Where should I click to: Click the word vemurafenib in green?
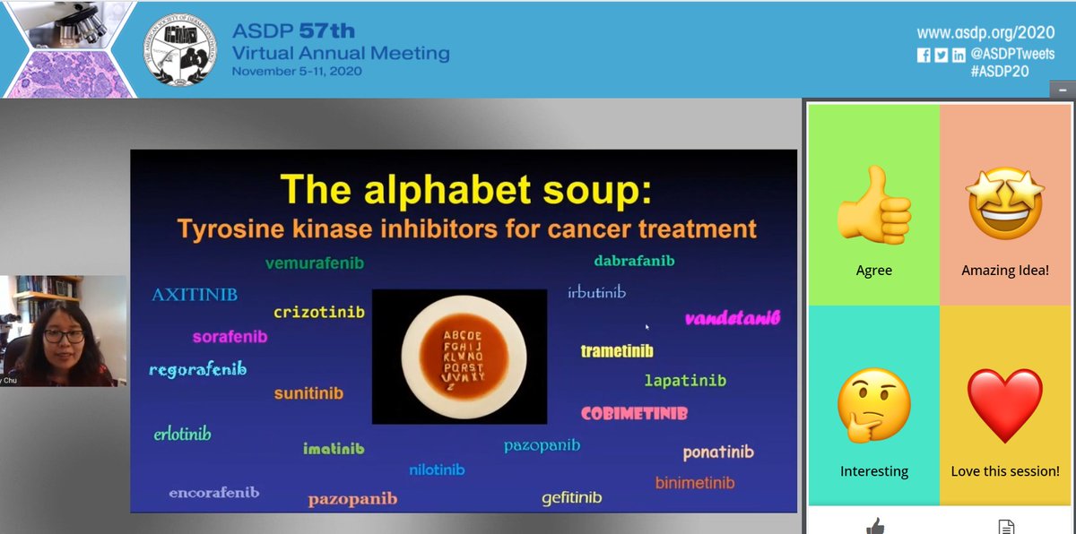click(314, 263)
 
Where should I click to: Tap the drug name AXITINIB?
click(195, 294)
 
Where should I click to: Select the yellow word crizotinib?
click(318, 312)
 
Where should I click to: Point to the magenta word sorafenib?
click(230, 337)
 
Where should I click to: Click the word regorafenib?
click(197, 369)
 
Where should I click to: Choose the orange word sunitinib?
click(308, 392)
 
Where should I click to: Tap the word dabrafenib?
click(634, 261)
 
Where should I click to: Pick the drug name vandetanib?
click(733, 318)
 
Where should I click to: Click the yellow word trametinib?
click(617, 351)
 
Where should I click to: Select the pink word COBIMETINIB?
click(634, 414)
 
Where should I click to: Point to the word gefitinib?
click(571, 497)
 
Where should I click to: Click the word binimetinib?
click(694, 483)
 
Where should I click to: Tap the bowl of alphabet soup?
click(458, 356)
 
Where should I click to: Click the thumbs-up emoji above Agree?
click(873, 212)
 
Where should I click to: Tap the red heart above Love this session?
click(1004, 406)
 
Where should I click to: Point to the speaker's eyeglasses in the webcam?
click(63, 336)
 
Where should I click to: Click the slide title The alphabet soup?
click(465, 189)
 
